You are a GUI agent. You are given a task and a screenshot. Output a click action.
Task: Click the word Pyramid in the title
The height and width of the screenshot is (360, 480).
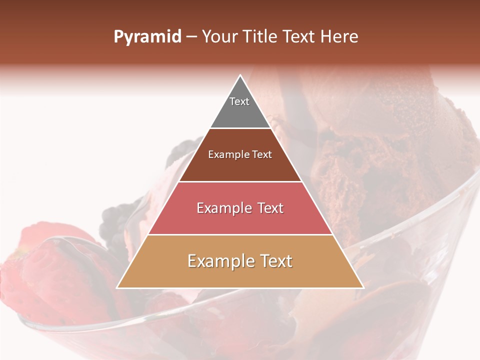147,37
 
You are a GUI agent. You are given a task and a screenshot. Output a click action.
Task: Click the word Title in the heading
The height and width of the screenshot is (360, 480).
260,37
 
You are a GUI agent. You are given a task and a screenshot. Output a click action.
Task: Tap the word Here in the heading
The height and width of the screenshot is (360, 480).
339,37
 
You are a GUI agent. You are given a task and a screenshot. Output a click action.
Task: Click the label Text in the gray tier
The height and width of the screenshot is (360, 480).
239,101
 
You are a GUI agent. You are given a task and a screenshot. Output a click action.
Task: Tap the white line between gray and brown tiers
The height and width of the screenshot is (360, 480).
240,128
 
